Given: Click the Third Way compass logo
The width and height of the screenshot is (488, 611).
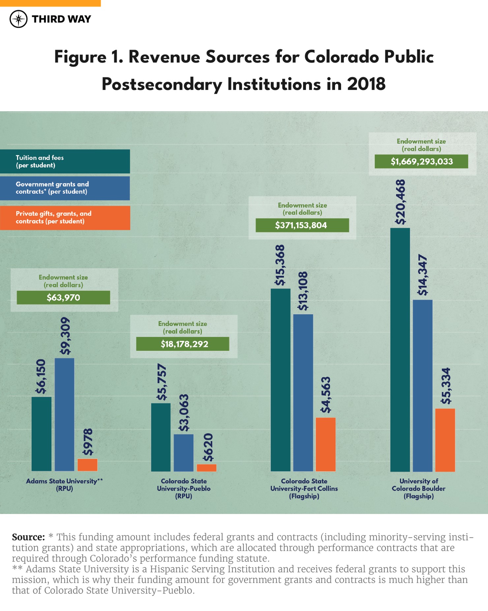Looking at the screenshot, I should [x=18, y=19].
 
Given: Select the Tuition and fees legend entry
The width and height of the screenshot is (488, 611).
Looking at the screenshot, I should [x=65, y=162].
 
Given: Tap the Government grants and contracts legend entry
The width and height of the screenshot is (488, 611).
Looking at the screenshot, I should [x=65, y=188].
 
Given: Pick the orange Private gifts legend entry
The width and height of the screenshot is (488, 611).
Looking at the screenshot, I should [x=65, y=218].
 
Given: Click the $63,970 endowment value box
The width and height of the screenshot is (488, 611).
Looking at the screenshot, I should [x=63, y=298].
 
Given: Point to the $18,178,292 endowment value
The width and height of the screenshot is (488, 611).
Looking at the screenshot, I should [x=183, y=344].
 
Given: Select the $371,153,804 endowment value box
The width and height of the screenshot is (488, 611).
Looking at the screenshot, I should [x=302, y=225].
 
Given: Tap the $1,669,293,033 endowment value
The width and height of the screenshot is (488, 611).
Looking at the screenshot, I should [x=421, y=162].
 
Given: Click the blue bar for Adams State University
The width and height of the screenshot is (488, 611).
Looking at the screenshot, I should [x=64, y=414].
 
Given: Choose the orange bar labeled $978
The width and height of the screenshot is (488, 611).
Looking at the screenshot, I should [x=87, y=465].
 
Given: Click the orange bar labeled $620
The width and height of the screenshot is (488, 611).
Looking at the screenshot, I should [x=206, y=468].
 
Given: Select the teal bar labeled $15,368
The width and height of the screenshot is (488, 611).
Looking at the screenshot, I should [x=280, y=380].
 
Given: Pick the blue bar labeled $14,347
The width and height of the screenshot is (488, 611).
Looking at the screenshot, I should [x=422, y=385].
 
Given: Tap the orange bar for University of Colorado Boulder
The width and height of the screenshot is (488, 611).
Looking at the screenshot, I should [x=445, y=440].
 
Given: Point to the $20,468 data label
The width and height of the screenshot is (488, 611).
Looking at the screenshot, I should [x=400, y=202].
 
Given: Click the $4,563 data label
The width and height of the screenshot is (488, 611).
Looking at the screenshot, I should [x=326, y=395].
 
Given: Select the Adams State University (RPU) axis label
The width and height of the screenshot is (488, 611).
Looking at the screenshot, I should [x=64, y=485].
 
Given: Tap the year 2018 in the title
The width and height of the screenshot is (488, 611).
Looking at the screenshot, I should [x=366, y=84].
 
